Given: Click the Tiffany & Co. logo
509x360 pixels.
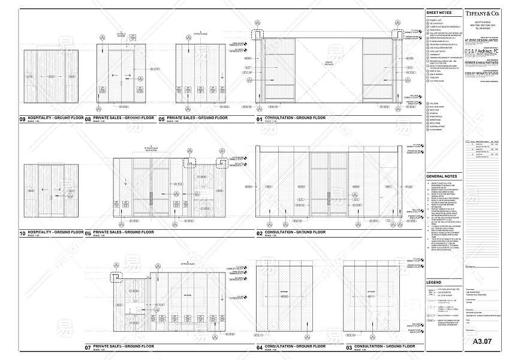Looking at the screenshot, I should click(x=483, y=13).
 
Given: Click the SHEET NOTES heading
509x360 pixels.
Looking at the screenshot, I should click(x=439, y=12).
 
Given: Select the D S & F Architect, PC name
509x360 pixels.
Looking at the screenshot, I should click(x=483, y=51).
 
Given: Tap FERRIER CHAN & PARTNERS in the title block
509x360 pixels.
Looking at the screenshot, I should click(x=483, y=62).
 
